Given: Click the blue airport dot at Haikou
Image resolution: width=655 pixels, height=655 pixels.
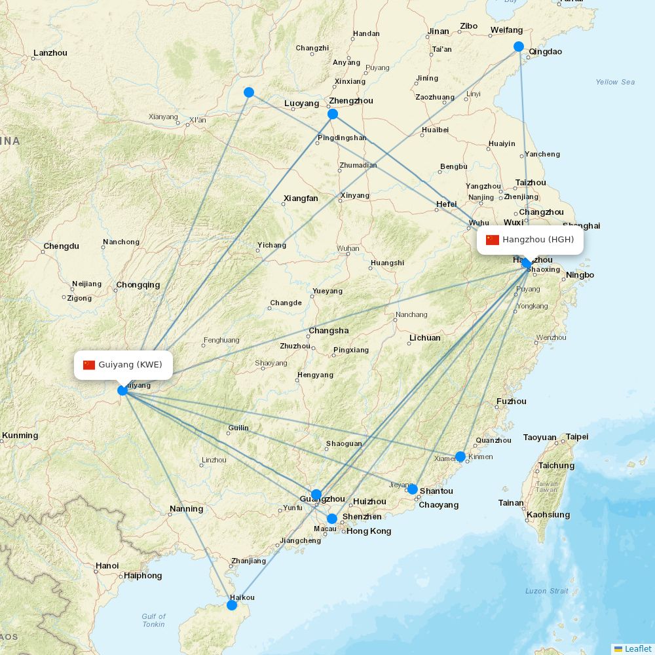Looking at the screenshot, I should pyautogui.click(x=232, y=605).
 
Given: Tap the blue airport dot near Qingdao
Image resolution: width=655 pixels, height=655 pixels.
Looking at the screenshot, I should pyautogui.click(x=519, y=47).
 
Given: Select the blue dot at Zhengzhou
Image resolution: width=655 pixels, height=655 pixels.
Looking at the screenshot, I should pyautogui.click(x=333, y=114).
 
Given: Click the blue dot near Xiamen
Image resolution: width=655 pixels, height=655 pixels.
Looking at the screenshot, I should pyautogui.click(x=460, y=457).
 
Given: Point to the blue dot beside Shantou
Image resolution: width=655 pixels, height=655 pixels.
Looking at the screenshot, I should pyautogui.click(x=413, y=489).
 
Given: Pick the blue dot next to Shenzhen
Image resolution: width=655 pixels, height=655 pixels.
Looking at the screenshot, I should pyautogui.click(x=332, y=519).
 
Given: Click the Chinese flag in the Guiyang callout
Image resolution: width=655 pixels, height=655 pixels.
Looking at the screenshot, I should pyautogui.click(x=89, y=365).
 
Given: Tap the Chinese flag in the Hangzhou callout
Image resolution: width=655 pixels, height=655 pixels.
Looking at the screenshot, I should pyautogui.click(x=493, y=240).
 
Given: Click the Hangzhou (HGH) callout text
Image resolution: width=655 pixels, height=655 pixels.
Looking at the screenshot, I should pyautogui.click(x=538, y=240).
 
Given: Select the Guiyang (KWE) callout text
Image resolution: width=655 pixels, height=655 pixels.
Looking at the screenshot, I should pyautogui.click(x=130, y=365).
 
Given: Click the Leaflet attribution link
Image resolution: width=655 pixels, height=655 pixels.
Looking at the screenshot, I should pyautogui.click(x=638, y=648).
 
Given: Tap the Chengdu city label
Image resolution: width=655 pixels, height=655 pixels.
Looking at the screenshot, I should pyautogui.click(x=61, y=247).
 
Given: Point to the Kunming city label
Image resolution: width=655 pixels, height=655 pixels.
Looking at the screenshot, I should pyautogui.click(x=20, y=436).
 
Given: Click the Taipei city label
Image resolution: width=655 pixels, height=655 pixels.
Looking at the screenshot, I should pyautogui.click(x=577, y=437).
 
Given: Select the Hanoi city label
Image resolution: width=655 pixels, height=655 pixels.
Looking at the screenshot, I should pyautogui.click(x=107, y=566).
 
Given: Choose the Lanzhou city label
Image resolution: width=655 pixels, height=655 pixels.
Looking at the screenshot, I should pyautogui.click(x=50, y=53).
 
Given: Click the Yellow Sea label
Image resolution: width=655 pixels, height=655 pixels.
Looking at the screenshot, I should pyautogui.click(x=615, y=82).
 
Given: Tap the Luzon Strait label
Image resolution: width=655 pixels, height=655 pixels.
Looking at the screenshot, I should pyautogui.click(x=546, y=591).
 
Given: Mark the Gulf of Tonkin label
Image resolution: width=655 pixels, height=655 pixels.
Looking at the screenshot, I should pyautogui.click(x=154, y=620).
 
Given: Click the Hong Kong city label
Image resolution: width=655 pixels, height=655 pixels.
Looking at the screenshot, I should pyautogui.click(x=369, y=531).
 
